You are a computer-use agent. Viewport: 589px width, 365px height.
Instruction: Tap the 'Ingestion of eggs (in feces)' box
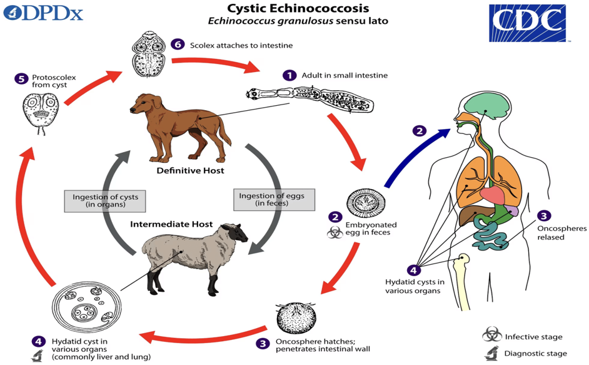[x=271, y=200]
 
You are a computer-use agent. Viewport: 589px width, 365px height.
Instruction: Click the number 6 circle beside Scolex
[x=178, y=45]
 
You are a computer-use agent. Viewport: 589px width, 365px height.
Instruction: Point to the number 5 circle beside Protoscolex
[x=22, y=79]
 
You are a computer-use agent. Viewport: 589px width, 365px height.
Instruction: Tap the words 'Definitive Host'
[x=182, y=170]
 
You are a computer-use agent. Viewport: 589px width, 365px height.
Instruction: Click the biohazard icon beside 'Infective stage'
[x=491, y=335]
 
